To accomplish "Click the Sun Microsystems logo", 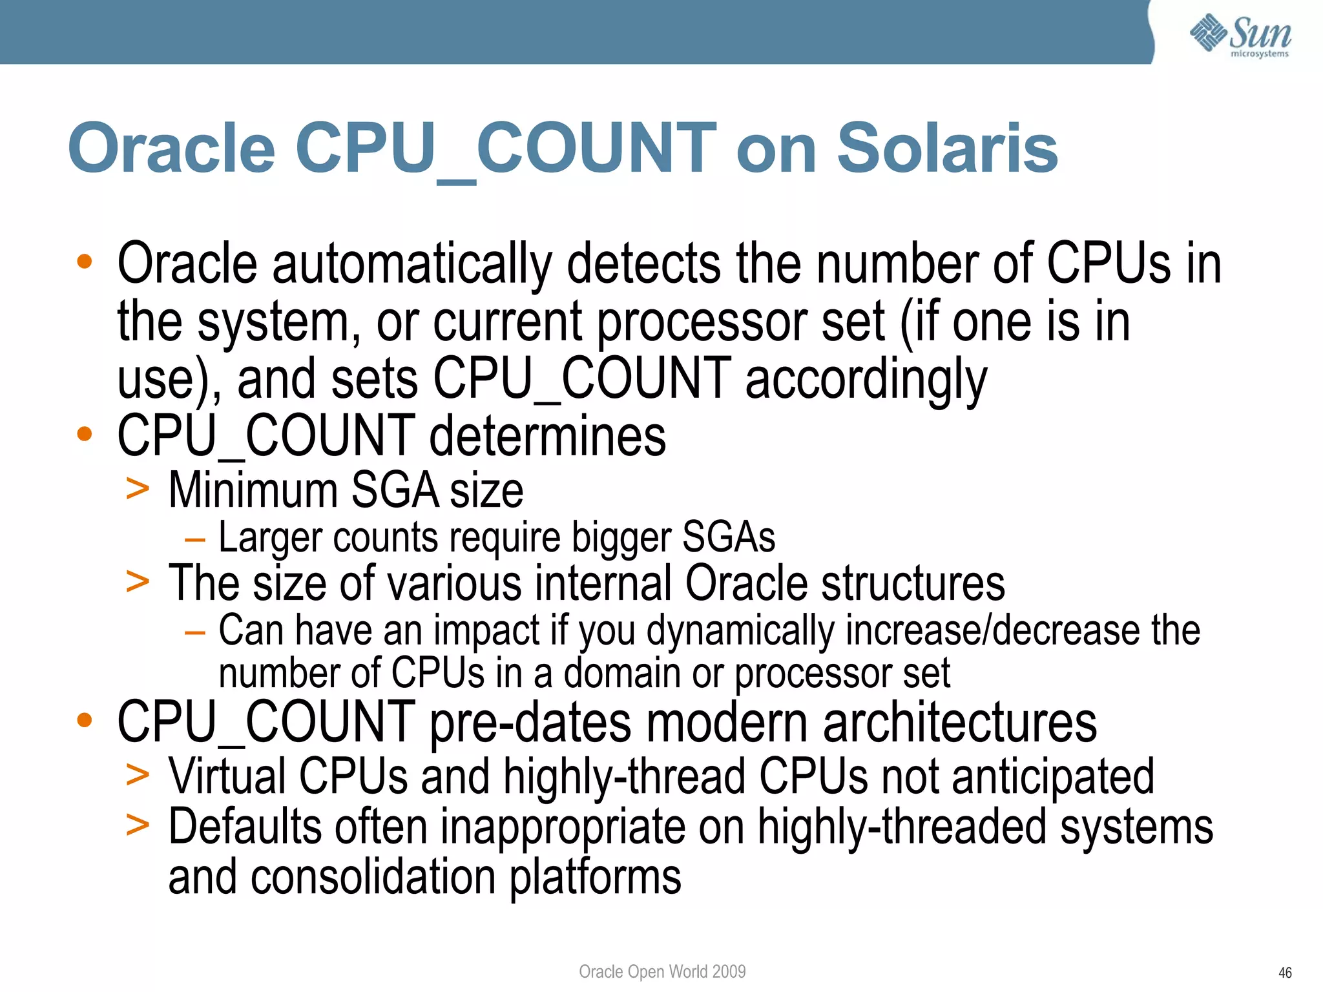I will click(x=1240, y=35).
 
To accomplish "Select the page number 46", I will click(x=1285, y=973).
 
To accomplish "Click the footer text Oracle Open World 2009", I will click(x=662, y=971).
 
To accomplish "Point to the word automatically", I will click(x=412, y=264).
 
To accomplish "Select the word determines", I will click(x=547, y=437).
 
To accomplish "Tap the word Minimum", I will click(x=253, y=491).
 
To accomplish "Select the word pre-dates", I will click(x=530, y=723).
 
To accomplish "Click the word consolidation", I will click(x=374, y=877).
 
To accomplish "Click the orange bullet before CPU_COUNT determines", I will click(x=84, y=434).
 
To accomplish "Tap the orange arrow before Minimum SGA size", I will click(x=138, y=489).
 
